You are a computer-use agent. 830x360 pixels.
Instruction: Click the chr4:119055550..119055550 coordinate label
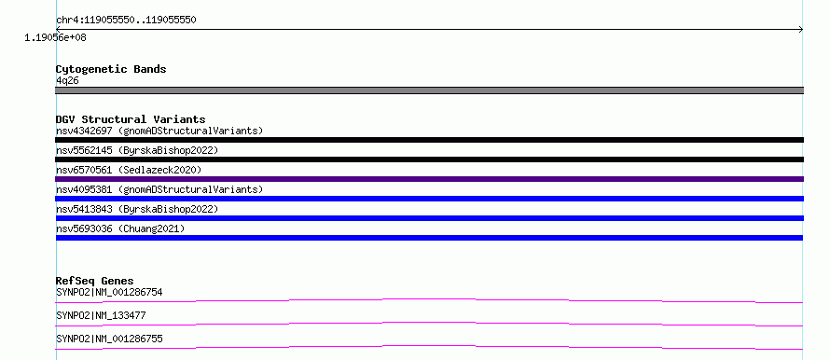click(126, 21)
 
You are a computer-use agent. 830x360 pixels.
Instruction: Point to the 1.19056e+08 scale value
click(55, 38)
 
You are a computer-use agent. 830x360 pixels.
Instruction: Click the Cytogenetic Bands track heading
click(111, 69)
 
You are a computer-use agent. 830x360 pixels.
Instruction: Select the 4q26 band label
click(67, 81)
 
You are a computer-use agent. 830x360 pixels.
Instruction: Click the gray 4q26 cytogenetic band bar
click(429, 90)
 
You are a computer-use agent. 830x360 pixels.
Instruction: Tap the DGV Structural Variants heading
click(131, 119)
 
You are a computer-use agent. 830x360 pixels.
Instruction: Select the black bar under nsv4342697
click(429, 140)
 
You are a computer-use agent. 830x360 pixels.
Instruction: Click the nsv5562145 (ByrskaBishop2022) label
click(137, 150)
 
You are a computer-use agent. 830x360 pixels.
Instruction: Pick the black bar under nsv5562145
click(429, 159)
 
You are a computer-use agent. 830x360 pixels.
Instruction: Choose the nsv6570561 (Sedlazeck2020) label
click(129, 170)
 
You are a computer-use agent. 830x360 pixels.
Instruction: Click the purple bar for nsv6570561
click(429, 179)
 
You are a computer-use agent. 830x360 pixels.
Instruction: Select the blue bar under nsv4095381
click(429, 199)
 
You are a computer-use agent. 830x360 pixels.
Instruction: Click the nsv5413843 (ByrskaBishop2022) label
click(137, 209)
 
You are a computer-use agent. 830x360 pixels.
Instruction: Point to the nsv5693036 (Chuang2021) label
click(120, 228)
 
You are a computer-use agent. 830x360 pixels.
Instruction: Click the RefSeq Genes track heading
click(95, 281)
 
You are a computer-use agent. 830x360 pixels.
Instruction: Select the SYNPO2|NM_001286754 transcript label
click(109, 292)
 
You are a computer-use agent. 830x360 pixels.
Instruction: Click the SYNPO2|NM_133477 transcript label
click(101, 315)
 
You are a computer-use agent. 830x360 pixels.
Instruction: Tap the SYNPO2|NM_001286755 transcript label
click(109, 339)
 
